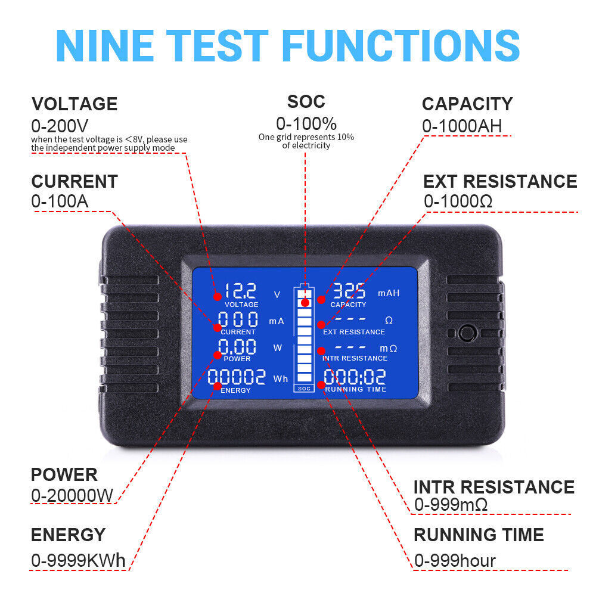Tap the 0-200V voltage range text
point(60,126)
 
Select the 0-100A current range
point(60,201)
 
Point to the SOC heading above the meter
point(306,101)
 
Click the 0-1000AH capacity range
point(462,126)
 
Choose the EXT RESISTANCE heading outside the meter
point(500,181)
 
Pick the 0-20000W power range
point(72,495)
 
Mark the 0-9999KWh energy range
point(79,561)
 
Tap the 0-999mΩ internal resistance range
point(451,505)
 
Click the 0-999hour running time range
point(455,561)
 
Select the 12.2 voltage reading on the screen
point(240,291)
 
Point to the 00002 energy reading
point(237,377)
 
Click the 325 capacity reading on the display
point(349,291)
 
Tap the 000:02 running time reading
point(355,377)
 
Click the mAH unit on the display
point(389,293)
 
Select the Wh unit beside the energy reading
point(280,379)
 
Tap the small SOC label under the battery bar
point(304,389)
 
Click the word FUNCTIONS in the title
point(401,45)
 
